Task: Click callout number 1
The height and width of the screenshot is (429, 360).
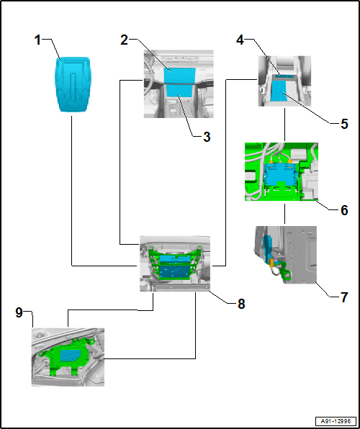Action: [37, 40]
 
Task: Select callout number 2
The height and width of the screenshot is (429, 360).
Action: [125, 40]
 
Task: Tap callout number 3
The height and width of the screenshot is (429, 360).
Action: [207, 137]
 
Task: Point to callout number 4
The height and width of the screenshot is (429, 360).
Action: [240, 40]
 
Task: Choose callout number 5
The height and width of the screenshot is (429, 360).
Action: [344, 124]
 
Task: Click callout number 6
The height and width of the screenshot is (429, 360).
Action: [344, 211]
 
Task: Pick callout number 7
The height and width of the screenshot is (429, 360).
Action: [344, 297]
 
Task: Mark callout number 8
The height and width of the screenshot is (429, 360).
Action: [241, 304]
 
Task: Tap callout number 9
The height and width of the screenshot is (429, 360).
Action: [19, 313]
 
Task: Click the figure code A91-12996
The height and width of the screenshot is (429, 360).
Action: [336, 421]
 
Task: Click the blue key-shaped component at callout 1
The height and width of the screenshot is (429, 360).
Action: [73, 84]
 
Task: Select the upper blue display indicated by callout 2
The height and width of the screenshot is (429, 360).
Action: [179, 75]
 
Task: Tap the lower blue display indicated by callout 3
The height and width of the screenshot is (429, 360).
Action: [179, 91]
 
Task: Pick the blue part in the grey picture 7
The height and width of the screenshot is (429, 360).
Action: [267, 246]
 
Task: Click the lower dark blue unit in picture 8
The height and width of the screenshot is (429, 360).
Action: [175, 271]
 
